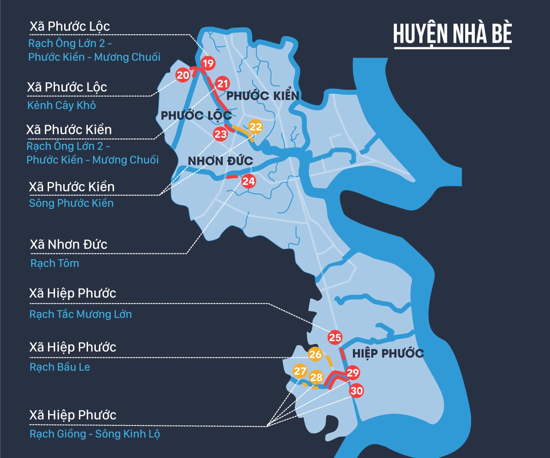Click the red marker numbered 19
(208, 63)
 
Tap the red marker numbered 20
(183, 75)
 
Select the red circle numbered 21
(223, 84)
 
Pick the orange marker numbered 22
(255, 127)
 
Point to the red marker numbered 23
(220, 134)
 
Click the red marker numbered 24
(248, 181)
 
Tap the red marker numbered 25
(335, 338)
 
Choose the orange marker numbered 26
(315, 354)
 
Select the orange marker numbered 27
(300, 371)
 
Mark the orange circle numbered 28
(316, 377)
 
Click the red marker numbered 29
(352, 373)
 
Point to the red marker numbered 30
(357, 391)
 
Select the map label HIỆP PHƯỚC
(388, 354)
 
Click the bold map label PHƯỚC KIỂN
(263, 96)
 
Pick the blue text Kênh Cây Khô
(62, 105)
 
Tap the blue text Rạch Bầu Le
(60, 367)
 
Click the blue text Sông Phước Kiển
(71, 203)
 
